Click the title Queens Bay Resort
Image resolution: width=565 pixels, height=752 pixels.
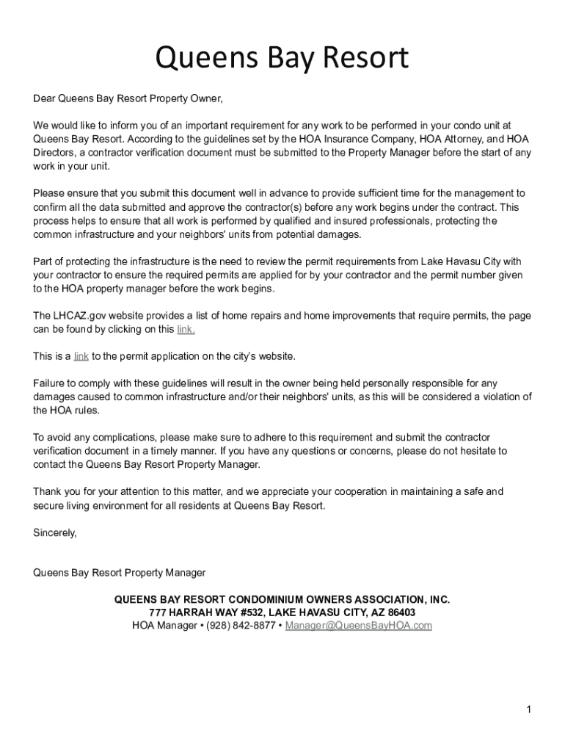coord(282,59)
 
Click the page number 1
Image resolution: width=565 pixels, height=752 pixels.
coord(528,709)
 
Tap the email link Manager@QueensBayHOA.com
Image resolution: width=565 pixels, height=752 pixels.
coord(359,626)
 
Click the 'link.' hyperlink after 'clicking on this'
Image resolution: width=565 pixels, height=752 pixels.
coord(186,329)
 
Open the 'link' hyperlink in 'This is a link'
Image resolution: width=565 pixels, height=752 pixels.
coord(81,356)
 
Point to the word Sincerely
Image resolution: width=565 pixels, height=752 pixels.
coord(55,532)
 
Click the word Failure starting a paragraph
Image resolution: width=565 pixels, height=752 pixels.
coord(50,383)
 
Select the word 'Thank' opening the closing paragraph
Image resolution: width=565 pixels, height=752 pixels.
coord(48,491)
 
